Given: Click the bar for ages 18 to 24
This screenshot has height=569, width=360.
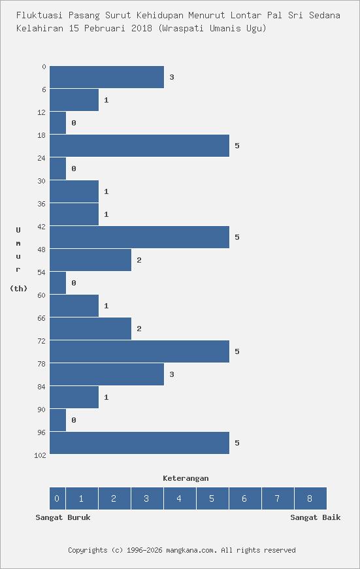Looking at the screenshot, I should [139, 146].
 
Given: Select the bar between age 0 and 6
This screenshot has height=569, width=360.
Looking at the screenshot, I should [106, 77].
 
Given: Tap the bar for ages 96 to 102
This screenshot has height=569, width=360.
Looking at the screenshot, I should [139, 443].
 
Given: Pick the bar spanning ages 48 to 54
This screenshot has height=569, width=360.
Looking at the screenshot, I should [90, 260].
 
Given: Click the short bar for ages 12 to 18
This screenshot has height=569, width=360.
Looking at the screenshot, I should [58, 123].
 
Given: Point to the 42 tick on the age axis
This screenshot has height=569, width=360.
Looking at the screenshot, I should [42, 227].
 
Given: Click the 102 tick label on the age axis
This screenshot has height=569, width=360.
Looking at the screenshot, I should [40, 455].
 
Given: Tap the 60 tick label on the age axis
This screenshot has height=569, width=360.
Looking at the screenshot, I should [42, 295].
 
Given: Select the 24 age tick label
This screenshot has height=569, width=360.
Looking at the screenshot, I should [42, 158].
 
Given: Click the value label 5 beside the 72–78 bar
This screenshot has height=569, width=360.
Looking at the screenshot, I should [237, 351].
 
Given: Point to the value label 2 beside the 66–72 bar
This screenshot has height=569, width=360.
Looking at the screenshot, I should [139, 329].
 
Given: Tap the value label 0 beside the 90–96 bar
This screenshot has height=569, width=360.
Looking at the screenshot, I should [74, 420].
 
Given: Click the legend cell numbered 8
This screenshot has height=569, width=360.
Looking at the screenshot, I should [310, 498].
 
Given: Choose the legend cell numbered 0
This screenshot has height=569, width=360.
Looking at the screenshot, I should [57, 498].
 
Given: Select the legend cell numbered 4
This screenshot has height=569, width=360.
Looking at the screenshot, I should [179, 498].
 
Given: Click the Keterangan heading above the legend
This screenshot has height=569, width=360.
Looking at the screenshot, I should [186, 478].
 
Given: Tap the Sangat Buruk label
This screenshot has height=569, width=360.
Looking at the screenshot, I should [63, 517].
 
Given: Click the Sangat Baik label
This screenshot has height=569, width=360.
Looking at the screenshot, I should [316, 517].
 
